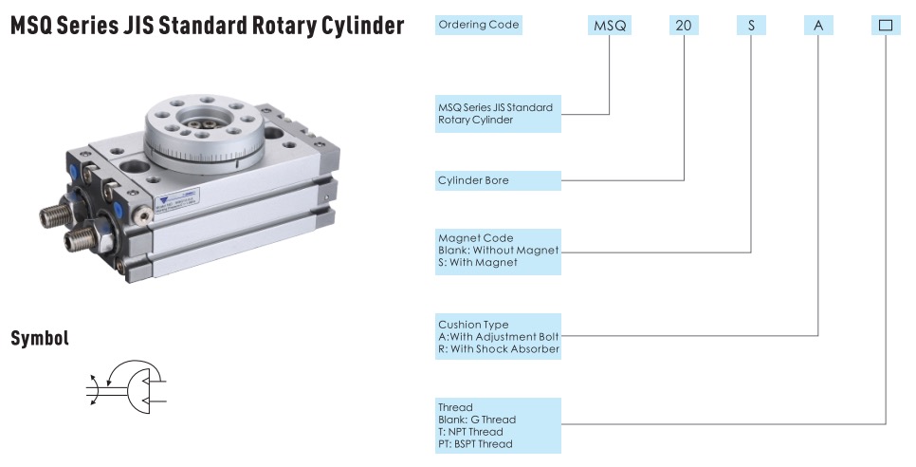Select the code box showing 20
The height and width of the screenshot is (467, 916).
(684, 26)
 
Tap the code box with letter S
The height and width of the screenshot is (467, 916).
(751, 26)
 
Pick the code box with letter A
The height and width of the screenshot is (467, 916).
(818, 26)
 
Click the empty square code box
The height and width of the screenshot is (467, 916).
(886, 26)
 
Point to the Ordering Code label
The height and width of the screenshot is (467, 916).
(479, 25)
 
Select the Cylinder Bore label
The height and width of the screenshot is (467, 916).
(473, 179)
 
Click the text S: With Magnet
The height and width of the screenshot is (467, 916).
(478, 262)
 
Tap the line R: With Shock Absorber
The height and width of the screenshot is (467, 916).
(499, 348)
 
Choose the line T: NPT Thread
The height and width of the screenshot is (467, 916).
(470, 432)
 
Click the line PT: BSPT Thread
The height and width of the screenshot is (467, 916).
(475, 444)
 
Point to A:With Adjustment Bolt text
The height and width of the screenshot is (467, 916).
(499, 336)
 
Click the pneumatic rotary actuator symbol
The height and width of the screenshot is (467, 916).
(128, 384)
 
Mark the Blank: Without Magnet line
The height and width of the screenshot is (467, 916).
(499, 250)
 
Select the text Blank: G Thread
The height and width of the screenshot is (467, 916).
(477, 420)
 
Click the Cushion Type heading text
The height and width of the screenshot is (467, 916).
(473, 325)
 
